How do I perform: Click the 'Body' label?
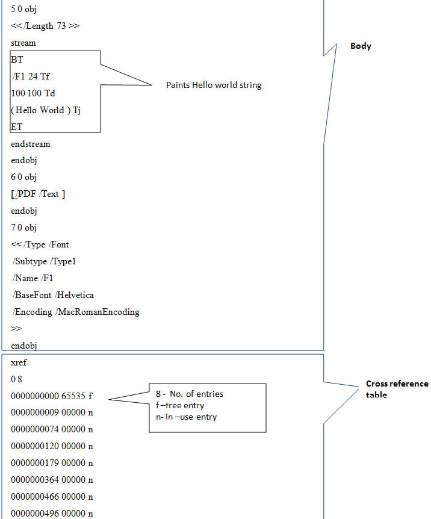point(361,46)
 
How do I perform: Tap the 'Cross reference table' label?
point(397,389)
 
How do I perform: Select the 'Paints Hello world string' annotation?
point(214,85)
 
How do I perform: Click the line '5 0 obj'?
point(23,10)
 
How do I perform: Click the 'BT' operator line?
point(17,60)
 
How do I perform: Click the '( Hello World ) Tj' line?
point(46,110)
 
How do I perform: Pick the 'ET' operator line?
point(16,127)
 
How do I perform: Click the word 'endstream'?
point(30,144)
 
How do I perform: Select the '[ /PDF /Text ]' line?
point(38,194)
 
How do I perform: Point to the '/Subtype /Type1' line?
point(44,261)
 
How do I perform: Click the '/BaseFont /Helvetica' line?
point(53,295)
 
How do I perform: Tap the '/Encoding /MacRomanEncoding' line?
point(76,312)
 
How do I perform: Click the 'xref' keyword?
point(19,362)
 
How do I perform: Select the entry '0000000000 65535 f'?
point(52,396)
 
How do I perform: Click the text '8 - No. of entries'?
point(190,394)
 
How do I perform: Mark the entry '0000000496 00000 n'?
point(52,514)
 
